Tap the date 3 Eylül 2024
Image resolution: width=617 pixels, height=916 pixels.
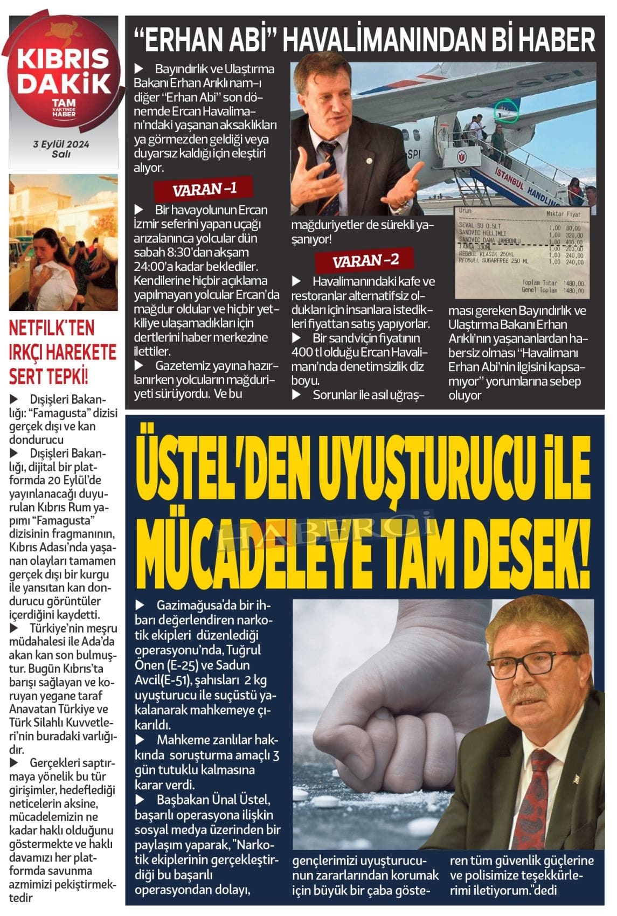(61, 144)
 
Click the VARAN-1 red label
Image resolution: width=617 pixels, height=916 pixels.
(204, 189)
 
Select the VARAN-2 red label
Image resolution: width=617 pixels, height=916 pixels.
(365, 261)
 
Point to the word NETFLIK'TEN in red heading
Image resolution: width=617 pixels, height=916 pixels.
(51, 328)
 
